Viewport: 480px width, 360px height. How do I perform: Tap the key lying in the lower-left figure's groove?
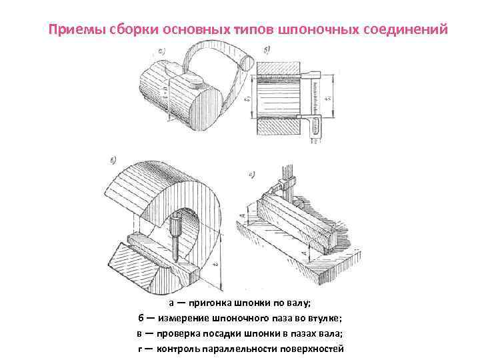(150, 252)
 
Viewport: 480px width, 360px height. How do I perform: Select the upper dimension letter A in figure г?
(247, 215)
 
